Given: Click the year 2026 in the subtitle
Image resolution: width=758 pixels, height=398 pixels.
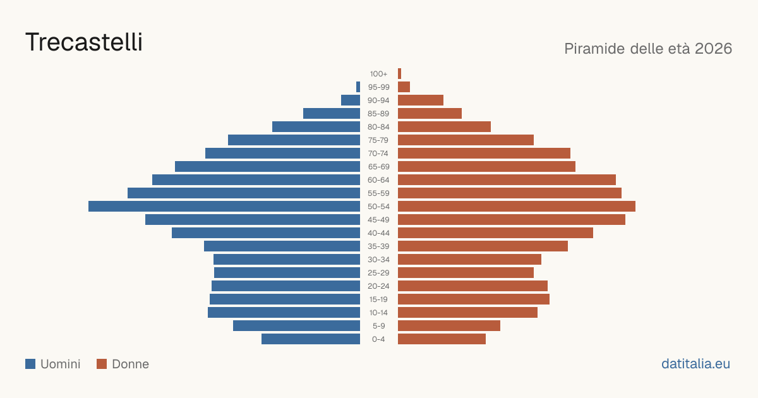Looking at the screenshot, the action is click(713, 49).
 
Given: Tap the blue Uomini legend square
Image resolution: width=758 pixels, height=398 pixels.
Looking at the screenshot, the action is click(30, 364).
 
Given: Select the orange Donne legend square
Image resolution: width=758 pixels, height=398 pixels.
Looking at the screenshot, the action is click(102, 364).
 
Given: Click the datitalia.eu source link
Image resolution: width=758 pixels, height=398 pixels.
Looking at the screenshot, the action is click(695, 364).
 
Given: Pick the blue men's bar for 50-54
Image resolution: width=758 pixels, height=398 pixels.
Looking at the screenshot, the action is click(224, 207).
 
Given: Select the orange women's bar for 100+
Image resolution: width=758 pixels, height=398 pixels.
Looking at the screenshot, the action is click(400, 74).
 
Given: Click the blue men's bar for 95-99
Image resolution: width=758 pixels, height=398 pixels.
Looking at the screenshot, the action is click(358, 87).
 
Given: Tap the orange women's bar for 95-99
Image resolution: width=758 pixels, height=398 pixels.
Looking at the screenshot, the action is click(404, 87).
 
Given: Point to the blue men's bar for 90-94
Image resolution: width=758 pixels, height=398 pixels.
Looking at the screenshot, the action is click(351, 100).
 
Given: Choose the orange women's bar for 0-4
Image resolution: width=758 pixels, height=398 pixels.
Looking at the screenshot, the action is click(442, 339).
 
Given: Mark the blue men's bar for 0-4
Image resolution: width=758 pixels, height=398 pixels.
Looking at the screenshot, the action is click(311, 339).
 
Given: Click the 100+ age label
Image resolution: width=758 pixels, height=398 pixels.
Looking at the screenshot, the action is click(378, 74).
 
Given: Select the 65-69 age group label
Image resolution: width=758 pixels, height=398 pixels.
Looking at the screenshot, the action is click(378, 167).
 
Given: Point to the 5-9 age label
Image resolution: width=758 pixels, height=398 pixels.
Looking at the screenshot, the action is click(378, 326).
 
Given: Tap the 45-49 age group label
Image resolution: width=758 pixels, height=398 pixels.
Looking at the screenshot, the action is click(378, 220).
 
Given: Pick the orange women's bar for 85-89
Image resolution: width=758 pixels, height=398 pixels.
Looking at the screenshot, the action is click(430, 113).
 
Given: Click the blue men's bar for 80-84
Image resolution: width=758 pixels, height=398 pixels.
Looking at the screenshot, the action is click(316, 126).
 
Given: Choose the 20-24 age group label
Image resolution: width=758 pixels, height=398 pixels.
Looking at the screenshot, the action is click(378, 286).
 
